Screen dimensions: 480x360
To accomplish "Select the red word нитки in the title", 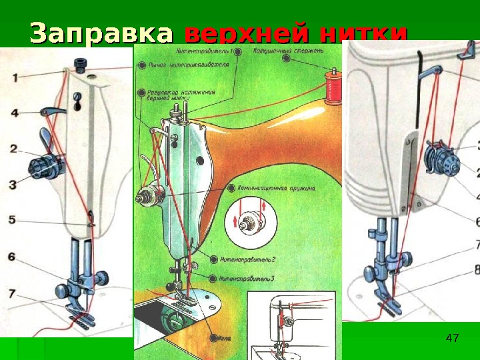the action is (363, 33).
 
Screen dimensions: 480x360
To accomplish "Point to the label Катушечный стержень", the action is (289, 51).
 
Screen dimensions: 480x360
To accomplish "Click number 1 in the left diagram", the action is (14, 77).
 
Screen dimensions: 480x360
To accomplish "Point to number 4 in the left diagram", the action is (14, 113).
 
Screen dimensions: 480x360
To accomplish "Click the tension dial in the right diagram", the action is (437, 161).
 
